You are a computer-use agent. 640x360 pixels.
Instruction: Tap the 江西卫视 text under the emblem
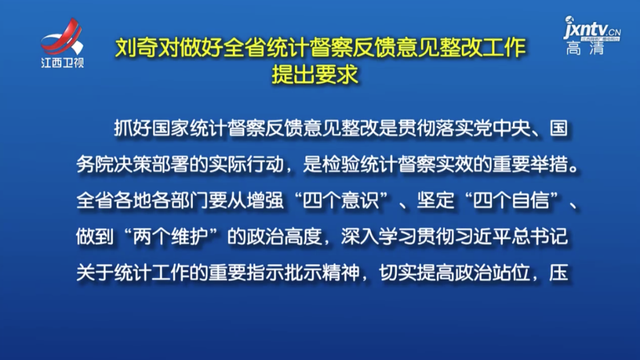62,63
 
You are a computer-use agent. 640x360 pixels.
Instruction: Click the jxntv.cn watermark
592,29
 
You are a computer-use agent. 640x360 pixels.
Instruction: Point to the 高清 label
585,49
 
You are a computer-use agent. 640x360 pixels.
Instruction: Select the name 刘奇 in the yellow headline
136,48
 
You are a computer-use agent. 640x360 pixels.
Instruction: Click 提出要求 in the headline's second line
315,74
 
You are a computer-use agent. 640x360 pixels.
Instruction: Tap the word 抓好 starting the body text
133,128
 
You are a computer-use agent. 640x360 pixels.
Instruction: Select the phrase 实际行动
246,165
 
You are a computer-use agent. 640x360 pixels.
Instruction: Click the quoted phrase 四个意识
341,201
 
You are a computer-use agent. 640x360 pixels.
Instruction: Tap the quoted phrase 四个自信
511,201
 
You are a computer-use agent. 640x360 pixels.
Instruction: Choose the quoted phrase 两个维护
171,236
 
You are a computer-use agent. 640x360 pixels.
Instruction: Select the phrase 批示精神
322,273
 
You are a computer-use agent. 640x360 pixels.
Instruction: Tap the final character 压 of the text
559,273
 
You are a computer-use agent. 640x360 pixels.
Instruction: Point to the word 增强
265,201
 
